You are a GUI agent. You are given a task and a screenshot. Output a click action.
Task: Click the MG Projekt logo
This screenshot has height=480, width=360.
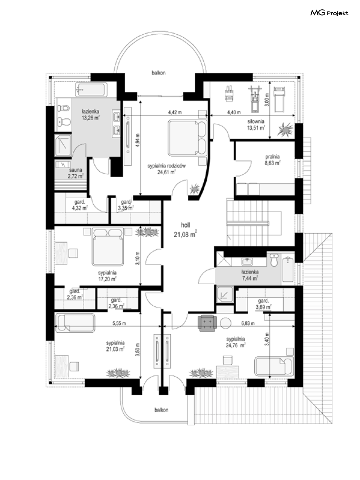tap(329, 13)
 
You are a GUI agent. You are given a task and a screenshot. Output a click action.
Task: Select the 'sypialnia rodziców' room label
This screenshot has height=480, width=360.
tap(167, 166)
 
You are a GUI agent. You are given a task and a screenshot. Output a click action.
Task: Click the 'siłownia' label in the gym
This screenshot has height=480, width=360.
tap(256, 121)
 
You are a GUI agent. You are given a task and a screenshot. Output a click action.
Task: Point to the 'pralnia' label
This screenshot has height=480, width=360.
tap(272, 157)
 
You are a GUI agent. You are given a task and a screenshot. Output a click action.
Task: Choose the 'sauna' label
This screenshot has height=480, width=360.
tap(76, 170)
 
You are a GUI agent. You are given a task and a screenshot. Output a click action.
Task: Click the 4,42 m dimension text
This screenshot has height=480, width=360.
tap(175, 112)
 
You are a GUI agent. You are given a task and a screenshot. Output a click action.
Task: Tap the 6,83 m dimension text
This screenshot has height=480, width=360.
tap(248, 323)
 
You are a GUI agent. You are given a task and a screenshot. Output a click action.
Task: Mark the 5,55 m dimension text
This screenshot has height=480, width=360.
tap(119, 323)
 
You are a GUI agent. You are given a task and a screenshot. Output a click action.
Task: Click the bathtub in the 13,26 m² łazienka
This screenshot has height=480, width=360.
tap(91, 89)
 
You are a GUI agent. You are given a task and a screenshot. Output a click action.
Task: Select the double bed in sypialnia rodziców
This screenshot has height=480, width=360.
tap(187, 138)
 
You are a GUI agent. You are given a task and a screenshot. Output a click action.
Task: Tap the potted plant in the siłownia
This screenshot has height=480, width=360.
tap(285, 130)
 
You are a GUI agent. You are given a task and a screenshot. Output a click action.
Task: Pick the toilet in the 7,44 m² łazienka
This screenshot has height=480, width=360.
tap(274, 260)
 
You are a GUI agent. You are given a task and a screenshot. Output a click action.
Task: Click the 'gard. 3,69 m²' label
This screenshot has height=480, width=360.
tap(263, 304)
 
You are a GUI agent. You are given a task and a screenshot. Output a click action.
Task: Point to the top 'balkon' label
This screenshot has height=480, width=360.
tap(158, 73)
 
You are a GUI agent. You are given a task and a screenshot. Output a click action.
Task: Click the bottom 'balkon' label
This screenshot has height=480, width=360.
tap(161, 410)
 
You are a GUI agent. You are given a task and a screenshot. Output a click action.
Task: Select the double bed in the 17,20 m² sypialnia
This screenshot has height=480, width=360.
tap(107, 247)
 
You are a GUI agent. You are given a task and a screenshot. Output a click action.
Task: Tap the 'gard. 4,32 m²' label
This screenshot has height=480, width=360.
tap(80, 205)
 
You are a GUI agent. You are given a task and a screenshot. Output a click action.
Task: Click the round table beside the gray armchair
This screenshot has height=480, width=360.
tap(225, 323)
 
